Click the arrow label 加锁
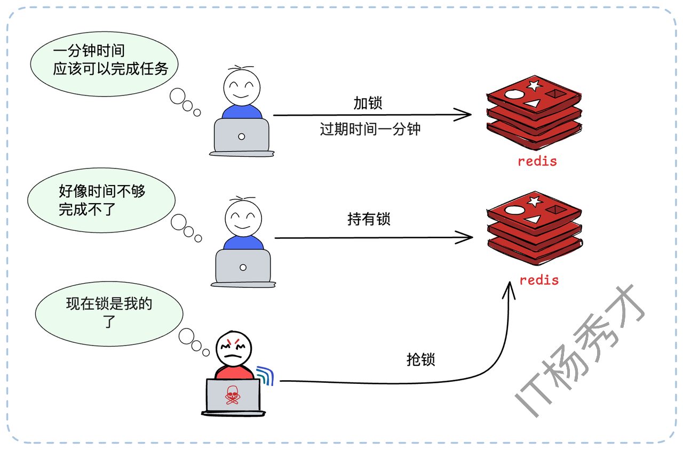click(x=368, y=103)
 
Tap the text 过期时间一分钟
click(x=370, y=129)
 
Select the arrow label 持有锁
click(x=369, y=219)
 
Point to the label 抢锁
click(x=420, y=359)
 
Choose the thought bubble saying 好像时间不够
click(x=101, y=200)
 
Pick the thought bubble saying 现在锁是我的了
click(x=109, y=312)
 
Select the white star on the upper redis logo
click(x=534, y=85)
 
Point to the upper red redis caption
click(x=537, y=161)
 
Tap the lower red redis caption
click(x=539, y=280)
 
